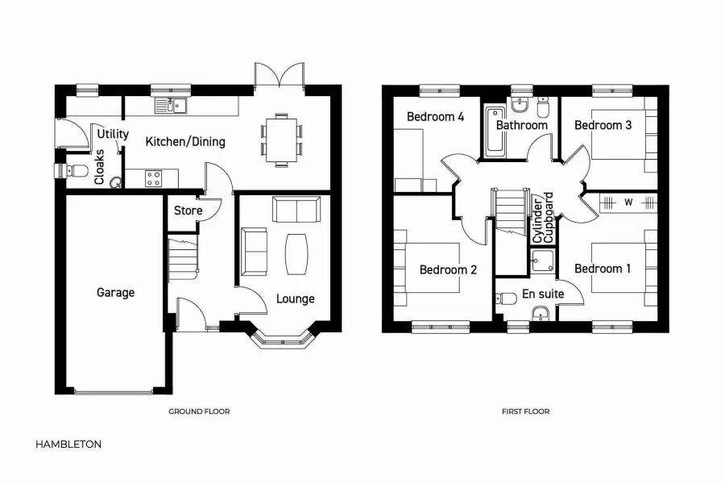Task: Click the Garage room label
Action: (x=115, y=293)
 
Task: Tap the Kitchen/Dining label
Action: (x=184, y=142)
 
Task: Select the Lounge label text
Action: (x=295, y=298)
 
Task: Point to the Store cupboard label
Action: (x=188, y=211)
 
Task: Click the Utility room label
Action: (x=113, y=134)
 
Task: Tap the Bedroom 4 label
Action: (x=435, y=117)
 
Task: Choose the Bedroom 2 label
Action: (x=448, y=269)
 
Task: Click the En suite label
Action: (x=543, y=294)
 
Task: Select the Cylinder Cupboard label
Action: (x=543, y=218)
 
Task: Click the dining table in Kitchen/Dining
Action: (x=281, y=140)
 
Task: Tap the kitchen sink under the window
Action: (x=172, y=104)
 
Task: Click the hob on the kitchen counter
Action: (x=153, y=177)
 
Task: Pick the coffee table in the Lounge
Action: (x=296, y=253)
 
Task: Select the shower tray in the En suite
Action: (x=542, y=262)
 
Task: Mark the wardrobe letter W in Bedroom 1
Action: (x=628, y=202)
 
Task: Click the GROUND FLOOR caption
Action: (x=199, y=411)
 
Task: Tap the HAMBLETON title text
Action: (x=68, y=444)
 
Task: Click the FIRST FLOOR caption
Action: (x=525, y=411)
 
